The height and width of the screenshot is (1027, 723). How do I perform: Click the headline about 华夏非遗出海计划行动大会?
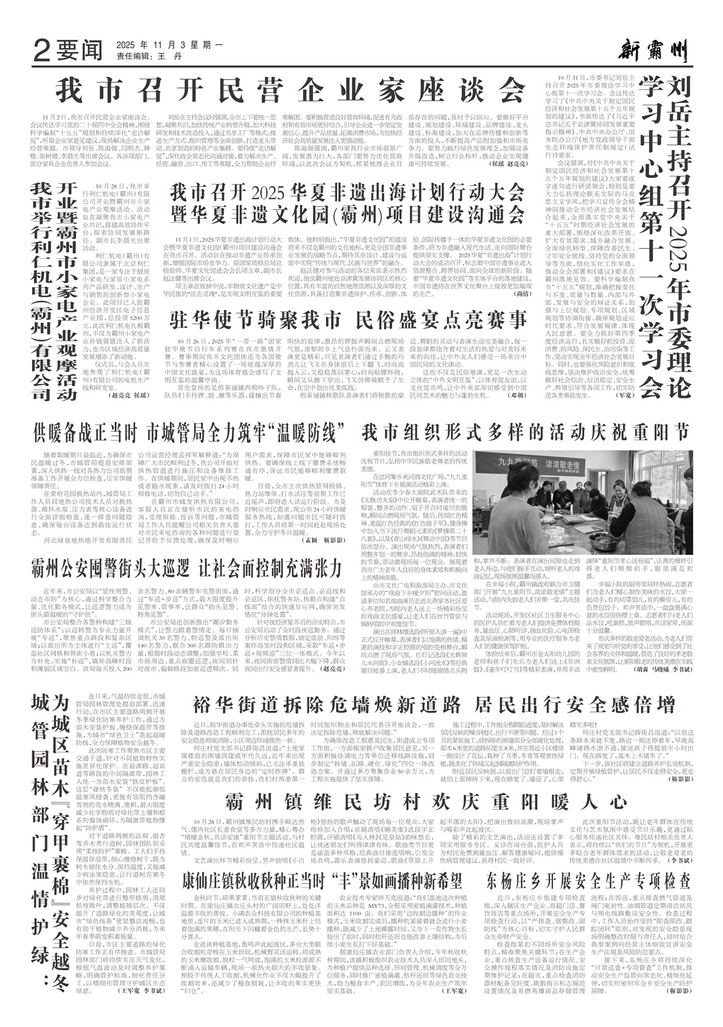coord(347,203)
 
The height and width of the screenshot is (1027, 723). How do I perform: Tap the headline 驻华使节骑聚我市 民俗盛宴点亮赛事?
coord(348,320)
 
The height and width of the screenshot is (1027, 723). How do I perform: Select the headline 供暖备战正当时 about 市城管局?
coord(189,434)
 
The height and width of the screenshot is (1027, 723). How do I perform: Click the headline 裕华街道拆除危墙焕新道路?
coord(434,705)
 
